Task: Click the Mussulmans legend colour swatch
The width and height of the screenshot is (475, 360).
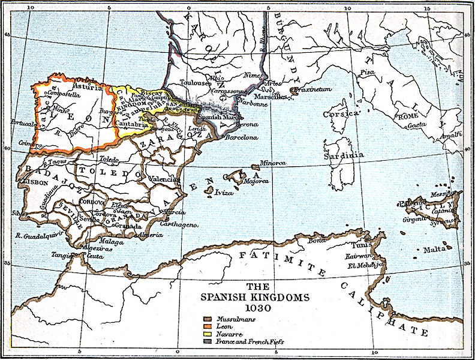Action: click(207, 319)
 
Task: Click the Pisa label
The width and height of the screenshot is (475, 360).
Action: click(367, 72)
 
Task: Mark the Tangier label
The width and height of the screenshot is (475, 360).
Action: click(62, 254)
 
